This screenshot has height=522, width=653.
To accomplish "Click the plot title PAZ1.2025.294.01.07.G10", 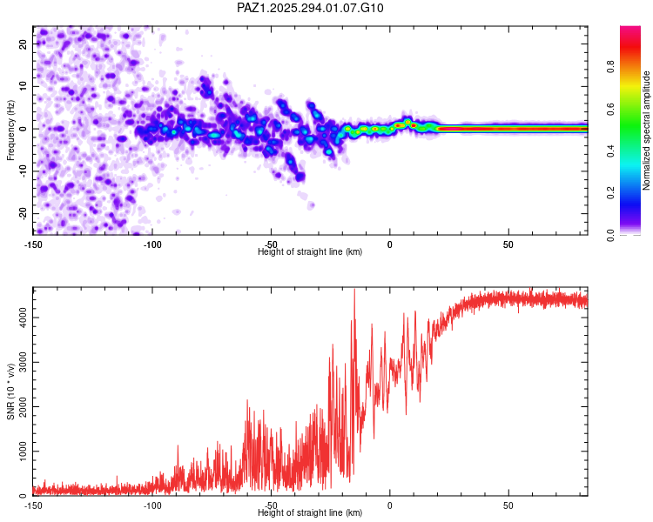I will click(311, 8).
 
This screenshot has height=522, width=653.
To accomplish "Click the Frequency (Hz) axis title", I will click(10, 129).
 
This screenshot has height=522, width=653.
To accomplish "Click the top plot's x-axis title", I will click(310, 251).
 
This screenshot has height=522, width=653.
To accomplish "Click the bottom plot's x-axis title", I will click(310, 512).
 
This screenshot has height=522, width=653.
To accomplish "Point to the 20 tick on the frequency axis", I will click(23, 43).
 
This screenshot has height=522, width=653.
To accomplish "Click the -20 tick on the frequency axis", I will click(21, 213).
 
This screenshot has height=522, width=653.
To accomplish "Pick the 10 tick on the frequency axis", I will click(23, 86).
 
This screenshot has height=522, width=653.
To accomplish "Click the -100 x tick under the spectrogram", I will click(151, 243).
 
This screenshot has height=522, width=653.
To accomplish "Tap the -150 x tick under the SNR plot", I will click(33, 505).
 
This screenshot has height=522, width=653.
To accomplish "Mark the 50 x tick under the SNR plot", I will click(508, 505).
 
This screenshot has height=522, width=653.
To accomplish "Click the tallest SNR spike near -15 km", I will click(354, 290).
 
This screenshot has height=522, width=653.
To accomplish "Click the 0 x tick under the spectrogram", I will click(389, 243).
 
